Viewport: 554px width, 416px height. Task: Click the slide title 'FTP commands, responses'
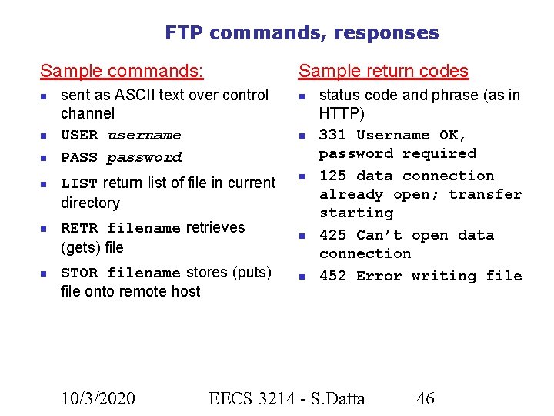tap(302, 33)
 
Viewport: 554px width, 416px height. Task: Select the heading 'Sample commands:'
tap(122, 72)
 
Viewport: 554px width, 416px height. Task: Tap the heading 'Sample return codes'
tap(383, 72)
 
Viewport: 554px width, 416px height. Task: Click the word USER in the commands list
tap(79, 136)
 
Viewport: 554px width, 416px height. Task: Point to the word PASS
tap(79, 158)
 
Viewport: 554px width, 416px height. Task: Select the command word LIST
tap(79, 183)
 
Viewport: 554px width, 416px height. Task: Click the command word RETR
tap(79, 229)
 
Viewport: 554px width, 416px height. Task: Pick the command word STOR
tap(79, 273)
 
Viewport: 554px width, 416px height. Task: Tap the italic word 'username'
tap(144, 136)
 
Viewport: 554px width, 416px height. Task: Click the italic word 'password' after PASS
tap(144, 158)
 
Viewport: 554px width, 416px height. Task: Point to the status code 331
tap(332, 136)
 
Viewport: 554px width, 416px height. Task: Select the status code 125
tap(332, 176)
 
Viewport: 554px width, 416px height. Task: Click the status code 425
tap(332, 236)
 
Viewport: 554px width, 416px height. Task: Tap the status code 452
tap(332, 277)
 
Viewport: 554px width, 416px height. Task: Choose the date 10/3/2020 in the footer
tap(98, 398)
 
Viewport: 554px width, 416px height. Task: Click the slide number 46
tap(425, 398)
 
